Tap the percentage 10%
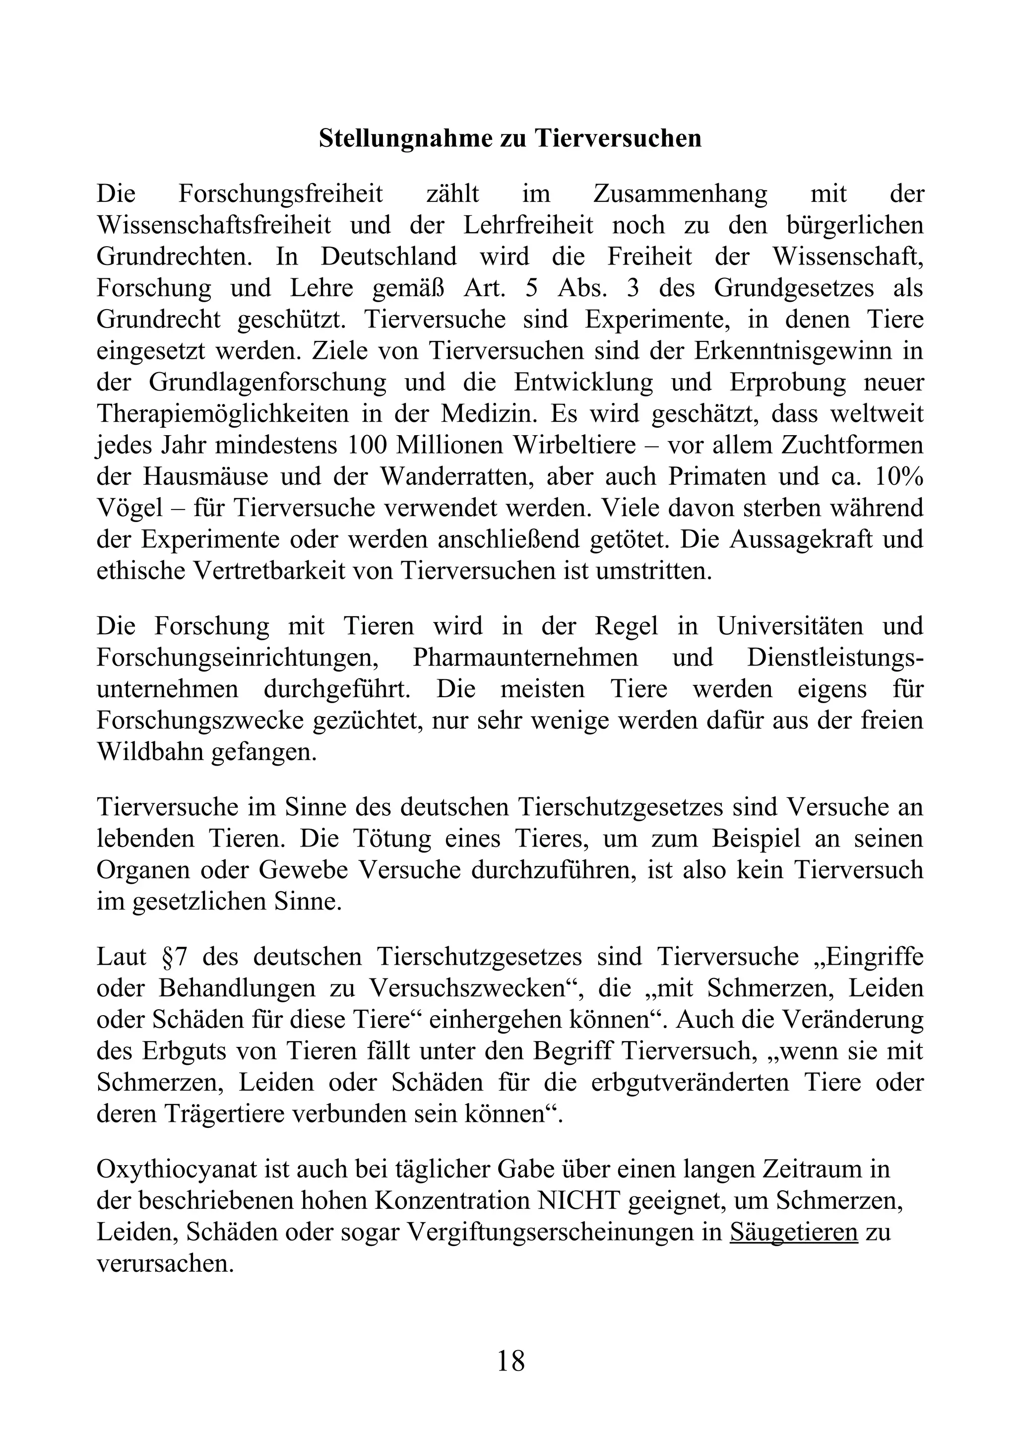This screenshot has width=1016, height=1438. pos(898,476)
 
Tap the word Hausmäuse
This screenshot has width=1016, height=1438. pos(205,476)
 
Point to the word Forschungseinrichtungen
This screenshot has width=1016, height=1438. pos(240,657)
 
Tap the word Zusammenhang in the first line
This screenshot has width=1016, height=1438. pos(679,194)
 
